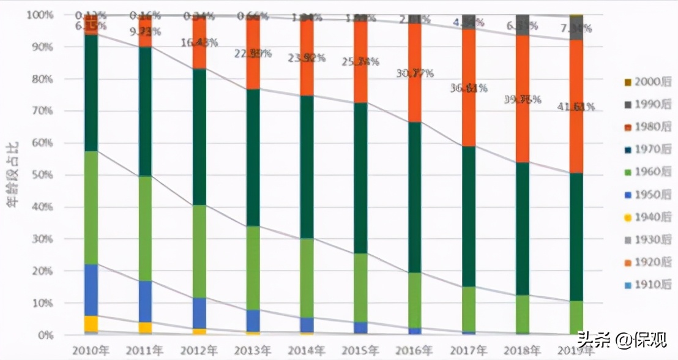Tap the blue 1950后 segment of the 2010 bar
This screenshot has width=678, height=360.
pos(91,290)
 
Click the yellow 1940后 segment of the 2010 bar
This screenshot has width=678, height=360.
pos(91,323)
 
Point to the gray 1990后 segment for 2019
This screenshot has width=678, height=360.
pos(576,28)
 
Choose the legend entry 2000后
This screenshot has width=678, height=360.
pos(646,82)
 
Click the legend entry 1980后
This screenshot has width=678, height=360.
pos(646,127)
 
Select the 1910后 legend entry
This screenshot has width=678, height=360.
pos(646,285)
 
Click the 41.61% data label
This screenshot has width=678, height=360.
pos(576,107)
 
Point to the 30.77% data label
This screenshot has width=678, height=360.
pos(415,73)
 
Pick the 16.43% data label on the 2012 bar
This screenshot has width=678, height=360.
pos(199,43)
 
